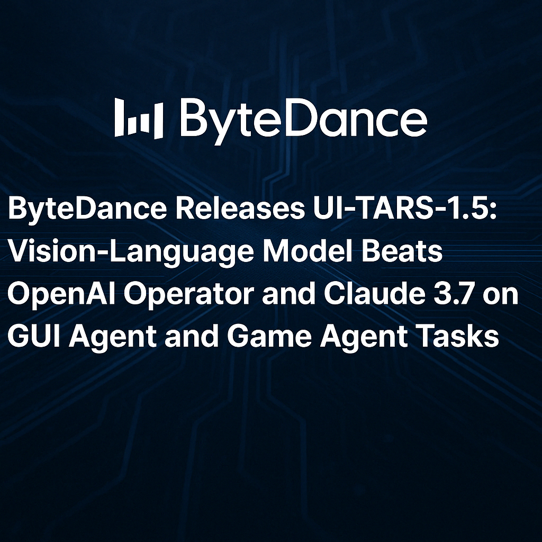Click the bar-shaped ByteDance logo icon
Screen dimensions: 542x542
pos(139,119)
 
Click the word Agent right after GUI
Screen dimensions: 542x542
pos(112,337)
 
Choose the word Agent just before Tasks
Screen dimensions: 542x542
pos(362,337)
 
